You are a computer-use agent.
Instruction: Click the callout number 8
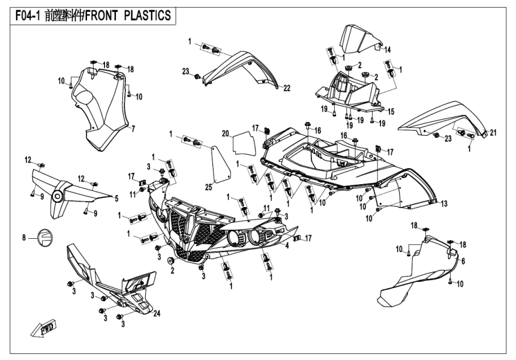[x=25, y=238]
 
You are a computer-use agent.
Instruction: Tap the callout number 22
[x=287, y=88]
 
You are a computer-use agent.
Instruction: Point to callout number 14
[x=388, y=49]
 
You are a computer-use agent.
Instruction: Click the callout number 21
[x=494, y=133]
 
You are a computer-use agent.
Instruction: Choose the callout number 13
[x=445, y=205]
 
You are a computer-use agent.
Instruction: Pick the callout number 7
[x=133, y=128]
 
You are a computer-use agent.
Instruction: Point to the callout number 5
[x=116, y=197]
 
